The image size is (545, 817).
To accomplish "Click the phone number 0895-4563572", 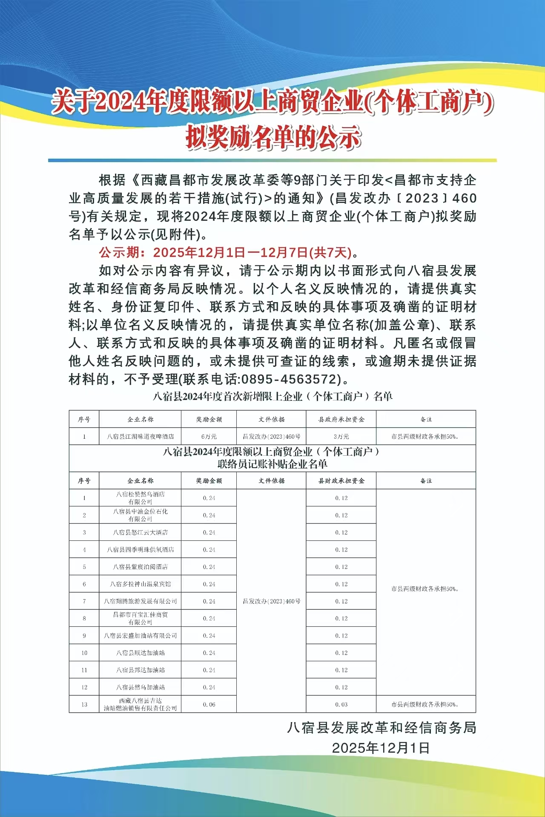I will [290, 379].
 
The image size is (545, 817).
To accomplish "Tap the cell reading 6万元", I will [209, 437].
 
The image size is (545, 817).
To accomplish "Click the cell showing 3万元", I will [341, 437].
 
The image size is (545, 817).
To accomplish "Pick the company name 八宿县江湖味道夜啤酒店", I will [140, 437].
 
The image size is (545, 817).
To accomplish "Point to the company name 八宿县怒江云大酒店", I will [140, 532].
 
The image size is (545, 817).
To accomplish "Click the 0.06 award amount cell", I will [209, 705].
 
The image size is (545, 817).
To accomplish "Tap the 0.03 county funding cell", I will [341, 705].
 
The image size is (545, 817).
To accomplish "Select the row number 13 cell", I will [84, 705].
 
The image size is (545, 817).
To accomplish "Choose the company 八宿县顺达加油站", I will [140, 653].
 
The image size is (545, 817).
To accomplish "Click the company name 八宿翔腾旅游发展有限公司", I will [140, 601].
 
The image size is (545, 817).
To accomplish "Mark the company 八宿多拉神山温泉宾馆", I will [140, 584].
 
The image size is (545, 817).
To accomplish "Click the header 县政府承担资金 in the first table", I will [341, 420].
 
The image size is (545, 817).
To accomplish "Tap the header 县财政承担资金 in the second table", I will [341, 481].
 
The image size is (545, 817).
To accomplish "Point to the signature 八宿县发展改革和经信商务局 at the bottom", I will [381, 728].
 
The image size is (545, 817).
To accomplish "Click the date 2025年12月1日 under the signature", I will [381, 748].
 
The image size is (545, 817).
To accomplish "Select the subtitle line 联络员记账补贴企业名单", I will [272, 464].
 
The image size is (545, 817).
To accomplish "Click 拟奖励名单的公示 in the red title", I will [272, 137].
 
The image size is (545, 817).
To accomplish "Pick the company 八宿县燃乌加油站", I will [140, 687].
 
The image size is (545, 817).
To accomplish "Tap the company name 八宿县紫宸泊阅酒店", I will [140, 567].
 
